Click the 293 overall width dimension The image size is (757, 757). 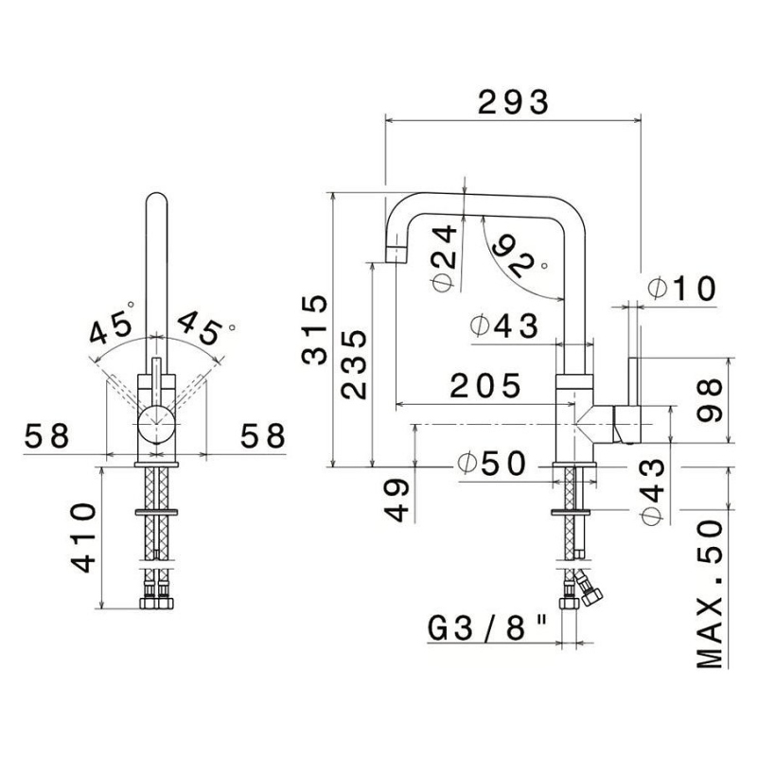(x=512, y=101)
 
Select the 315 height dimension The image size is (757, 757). (x=314, y=329)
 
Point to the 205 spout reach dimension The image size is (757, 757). (x=485, y=386)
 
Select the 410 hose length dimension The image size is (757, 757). (x=83, y=537)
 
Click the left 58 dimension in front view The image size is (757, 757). (x=46, y=436)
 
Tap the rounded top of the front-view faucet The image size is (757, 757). (x=156, y=201)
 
